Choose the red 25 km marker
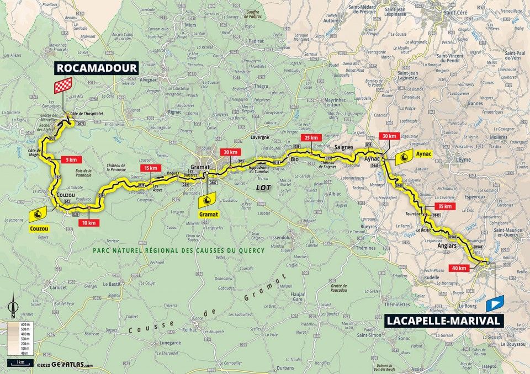pos(311,137)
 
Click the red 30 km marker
pos(389,136)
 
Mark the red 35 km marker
pos(447,206)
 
